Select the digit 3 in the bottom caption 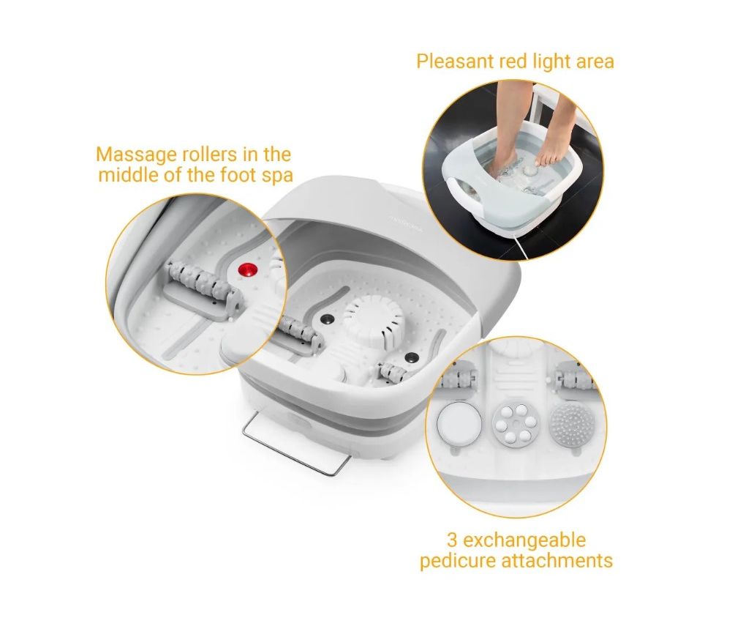pyautogui.click(x=452, y=540)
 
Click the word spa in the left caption pyautogui.click(x=279, y=175)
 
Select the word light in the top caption pyautogui.click(x=546, y=62)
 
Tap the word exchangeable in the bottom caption pyautogui.click(x=524, y=540)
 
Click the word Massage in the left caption pyautogui.click(x=137, y=155)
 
